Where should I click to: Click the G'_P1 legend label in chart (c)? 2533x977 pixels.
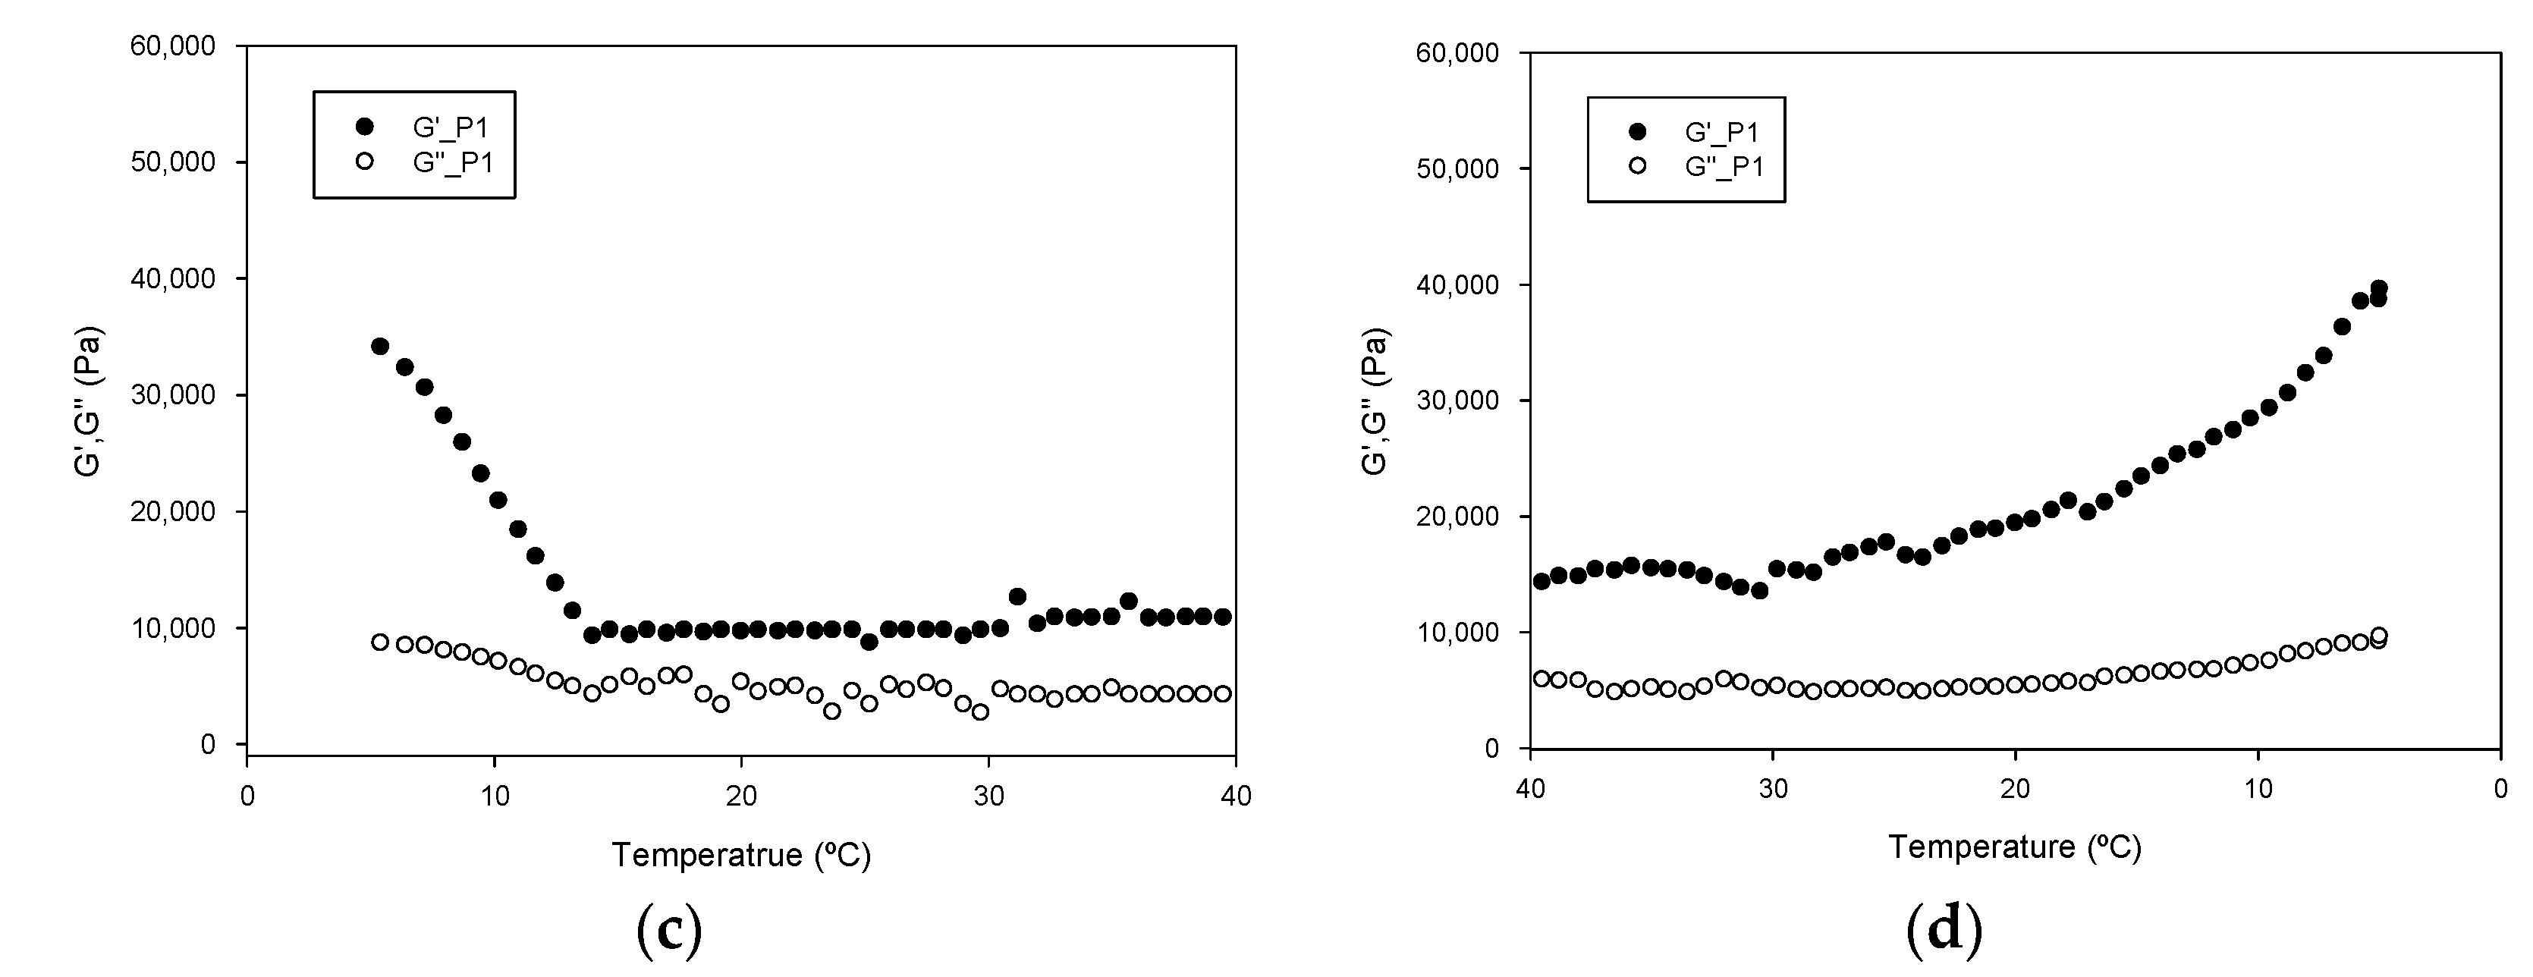coord(451,127)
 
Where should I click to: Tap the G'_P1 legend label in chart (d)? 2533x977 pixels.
coord(1723,133)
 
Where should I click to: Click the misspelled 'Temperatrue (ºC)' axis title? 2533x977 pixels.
coord(741,855)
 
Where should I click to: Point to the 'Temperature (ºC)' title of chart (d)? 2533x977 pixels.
coord(2015,847)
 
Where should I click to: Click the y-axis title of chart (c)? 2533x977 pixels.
coord(90,401)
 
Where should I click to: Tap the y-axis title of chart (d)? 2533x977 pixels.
coord(1375,401)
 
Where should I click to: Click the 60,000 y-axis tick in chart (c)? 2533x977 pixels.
coord(173,46)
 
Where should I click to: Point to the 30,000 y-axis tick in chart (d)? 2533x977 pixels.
coord(1457,401)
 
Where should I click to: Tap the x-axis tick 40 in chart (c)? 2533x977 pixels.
coord(1236,795)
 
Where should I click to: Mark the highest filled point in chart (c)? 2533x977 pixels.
coord(379,346)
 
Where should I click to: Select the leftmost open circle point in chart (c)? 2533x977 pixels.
coord(379,642)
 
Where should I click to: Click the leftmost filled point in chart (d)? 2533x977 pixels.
coord(1541,581)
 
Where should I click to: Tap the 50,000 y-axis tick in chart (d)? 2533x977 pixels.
coord(1457,169)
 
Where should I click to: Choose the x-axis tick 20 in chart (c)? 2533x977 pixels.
coord(741,795)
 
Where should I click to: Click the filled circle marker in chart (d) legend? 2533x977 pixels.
coord(1637,132)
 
